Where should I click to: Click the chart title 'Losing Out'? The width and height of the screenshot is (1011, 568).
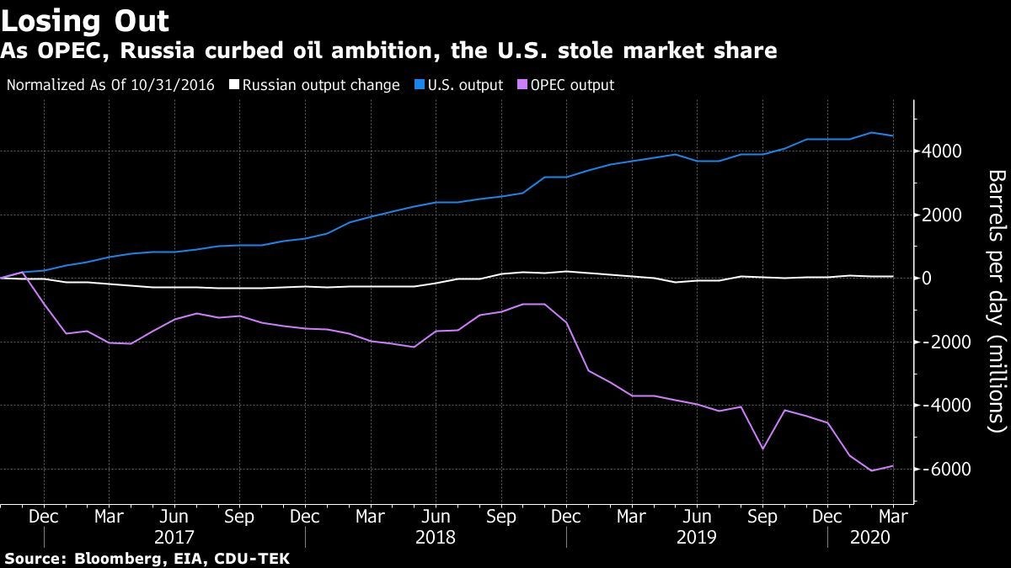click(x=85, y=20)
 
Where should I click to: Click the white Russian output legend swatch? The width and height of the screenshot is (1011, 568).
click(x=234, y=85)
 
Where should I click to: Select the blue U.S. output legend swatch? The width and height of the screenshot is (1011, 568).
click(x=418, y=85)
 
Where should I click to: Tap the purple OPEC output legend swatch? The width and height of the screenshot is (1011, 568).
click(x=522, y=85)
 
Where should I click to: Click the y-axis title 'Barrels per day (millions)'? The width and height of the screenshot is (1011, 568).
click(x=996, y=300)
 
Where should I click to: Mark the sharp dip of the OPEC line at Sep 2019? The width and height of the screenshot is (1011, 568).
click(x=762, y=449)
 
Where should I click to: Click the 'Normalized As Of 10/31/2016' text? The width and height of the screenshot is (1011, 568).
click(x=110, y=85)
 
